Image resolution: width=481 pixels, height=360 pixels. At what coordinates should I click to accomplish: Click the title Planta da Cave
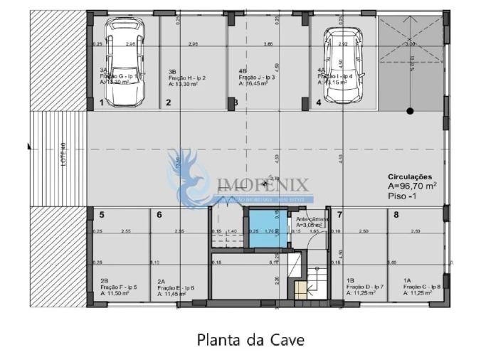250,339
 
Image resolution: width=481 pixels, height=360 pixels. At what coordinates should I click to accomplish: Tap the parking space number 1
102,102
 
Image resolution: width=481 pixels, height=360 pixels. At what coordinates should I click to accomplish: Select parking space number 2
169,102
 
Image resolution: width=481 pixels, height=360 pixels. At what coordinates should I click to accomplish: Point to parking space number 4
319,102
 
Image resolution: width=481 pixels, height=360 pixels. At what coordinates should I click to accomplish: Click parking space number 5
102,214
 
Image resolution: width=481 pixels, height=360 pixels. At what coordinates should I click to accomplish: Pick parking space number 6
159,214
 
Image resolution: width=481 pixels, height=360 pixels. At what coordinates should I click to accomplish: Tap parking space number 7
339,214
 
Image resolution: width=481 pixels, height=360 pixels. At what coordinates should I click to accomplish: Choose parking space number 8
396,214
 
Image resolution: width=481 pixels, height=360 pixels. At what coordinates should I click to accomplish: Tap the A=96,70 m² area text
412,185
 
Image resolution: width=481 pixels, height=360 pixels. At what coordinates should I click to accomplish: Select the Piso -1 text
401,194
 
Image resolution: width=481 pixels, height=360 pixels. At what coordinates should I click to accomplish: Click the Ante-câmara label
312,219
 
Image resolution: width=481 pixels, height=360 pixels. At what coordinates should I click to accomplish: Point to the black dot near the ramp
410,110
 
